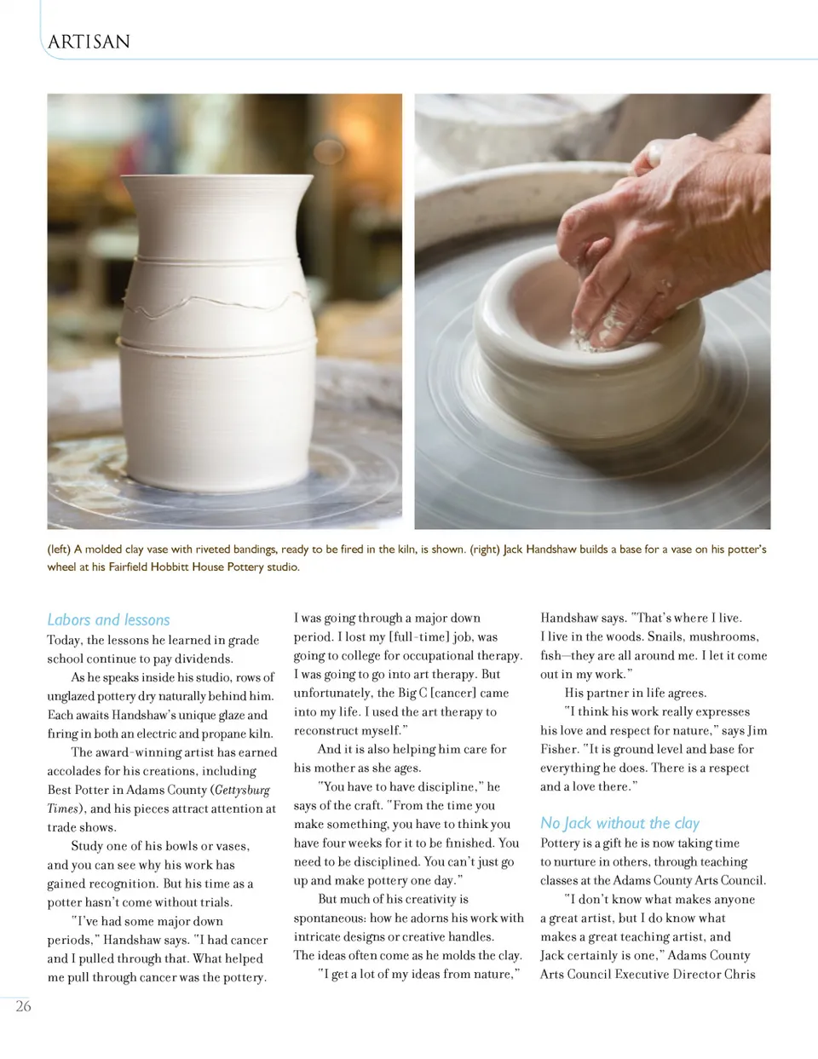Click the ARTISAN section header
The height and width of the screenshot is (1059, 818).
pos(89,42)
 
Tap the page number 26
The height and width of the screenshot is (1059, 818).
pos(23,1006)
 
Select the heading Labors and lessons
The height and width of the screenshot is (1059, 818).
pos(108,619)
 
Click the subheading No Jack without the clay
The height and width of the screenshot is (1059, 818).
pos(619,823)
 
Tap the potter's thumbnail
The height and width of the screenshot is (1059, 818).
pos(654,151)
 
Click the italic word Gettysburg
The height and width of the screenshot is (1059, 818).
pos(242,790)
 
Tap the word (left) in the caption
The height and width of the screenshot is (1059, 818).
pos(59,550)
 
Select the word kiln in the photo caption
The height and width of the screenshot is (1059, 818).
pos(405,550)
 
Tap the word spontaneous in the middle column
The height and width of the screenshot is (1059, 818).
pos(330,918)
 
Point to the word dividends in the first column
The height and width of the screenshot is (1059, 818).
pos(204,659)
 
